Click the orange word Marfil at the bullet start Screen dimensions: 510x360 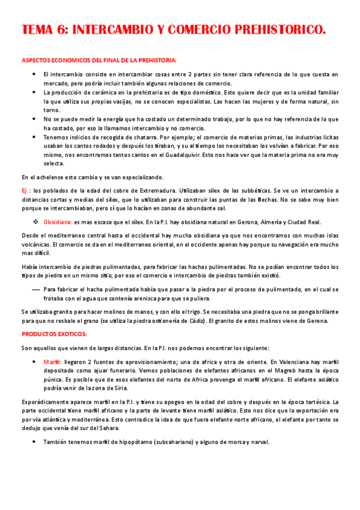[x=52, y=362]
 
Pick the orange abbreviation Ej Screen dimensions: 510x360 [x=25, y=191]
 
